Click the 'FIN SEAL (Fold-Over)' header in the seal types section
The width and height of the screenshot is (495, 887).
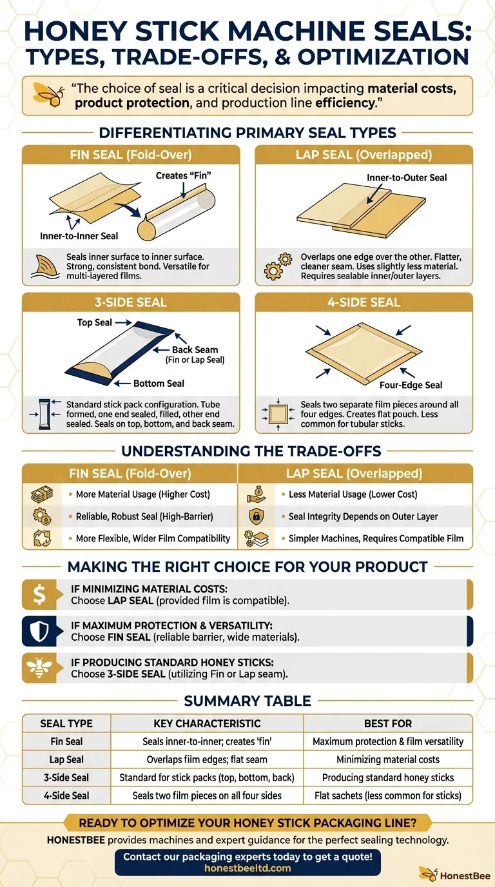point(131,155)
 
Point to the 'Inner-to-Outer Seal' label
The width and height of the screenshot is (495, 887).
point(407,177)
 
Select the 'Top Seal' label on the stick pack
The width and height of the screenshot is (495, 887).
point(95,322)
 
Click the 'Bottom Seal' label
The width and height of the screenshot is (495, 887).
point(159,384)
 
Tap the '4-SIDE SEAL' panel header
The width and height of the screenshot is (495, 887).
point(364,302)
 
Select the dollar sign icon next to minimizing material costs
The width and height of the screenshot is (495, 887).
point(39,594)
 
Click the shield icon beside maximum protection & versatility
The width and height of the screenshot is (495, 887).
point(39,631)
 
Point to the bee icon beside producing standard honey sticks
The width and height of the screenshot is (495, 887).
point(39,668)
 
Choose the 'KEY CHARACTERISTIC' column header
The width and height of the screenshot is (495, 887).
point(207,723)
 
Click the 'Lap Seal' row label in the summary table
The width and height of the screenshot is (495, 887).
point(66,759)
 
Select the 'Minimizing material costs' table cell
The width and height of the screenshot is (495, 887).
point(388,759)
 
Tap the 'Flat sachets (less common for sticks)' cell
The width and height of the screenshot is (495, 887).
point(388,795)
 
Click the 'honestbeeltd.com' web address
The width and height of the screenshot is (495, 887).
point(247,869)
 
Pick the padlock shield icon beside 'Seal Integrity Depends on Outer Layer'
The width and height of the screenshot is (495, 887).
point(257,516)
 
